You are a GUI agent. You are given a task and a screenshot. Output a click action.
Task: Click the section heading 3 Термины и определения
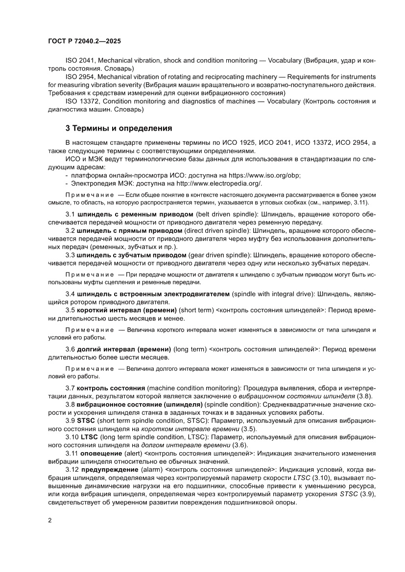tap(119, 129)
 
